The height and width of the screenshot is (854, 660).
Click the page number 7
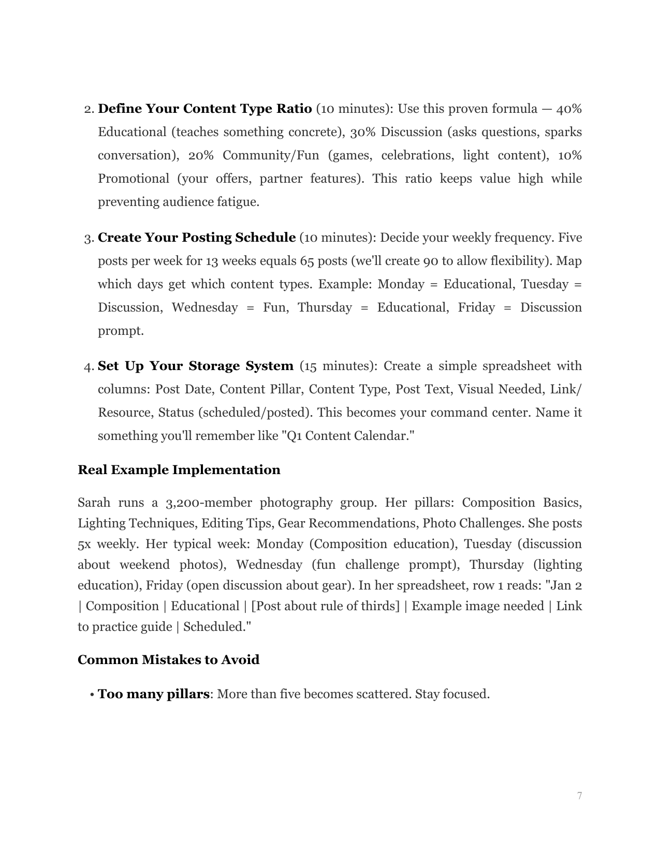coord(579,796)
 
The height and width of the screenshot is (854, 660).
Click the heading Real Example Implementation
coord(179,470)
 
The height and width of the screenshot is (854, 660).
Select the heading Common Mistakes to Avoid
coord(168,660)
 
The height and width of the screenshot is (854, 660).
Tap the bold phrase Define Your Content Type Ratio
coord(204,109)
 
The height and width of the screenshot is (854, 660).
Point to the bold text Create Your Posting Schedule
coord(197,238)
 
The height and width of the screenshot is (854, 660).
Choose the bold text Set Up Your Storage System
coord(195,366)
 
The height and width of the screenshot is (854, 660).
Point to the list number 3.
coord(87,239)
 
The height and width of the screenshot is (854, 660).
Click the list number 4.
coord(87,367)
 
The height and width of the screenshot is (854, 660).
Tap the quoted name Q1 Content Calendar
coord(347,436)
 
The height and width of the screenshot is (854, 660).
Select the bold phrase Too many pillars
coord(153,694)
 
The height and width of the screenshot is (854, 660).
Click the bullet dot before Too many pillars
coord(92,695)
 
